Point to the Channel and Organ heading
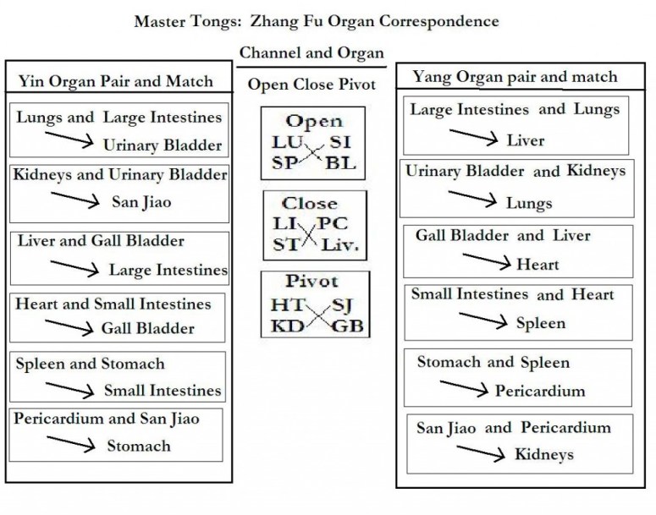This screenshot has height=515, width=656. coord(311,52)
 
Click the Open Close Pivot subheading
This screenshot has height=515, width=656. coord(311,85)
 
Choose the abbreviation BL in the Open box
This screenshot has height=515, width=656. coord(340,162)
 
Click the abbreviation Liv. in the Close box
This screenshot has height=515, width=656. coord(339,245)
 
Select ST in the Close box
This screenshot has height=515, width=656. coord(284,245)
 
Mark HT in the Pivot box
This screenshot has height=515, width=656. coord(286,304)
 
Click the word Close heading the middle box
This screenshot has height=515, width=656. coord(309,204)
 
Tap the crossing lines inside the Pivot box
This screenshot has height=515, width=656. coord(315,315)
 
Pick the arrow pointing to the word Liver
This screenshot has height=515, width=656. coord(474,136)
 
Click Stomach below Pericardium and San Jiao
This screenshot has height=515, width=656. coord(138,446)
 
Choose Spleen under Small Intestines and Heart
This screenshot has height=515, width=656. coord(540,323)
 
